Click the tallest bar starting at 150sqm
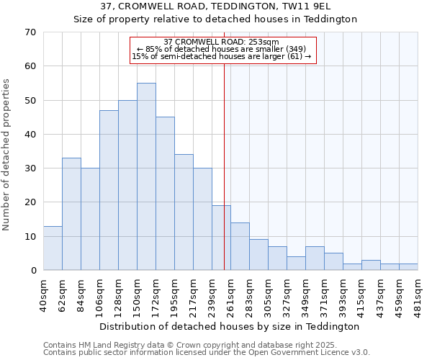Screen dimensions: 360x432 pos(146,176)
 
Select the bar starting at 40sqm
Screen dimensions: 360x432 pos(53,248)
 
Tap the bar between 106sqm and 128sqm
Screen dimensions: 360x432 pos(109,190)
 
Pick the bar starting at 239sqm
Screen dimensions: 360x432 pos(221,238)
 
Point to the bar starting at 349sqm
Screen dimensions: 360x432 pos(315,258)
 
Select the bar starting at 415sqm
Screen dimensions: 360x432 pos(371,265)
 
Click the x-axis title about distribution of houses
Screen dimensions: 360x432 pos(229,326)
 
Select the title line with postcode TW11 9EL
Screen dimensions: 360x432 pos(216,6)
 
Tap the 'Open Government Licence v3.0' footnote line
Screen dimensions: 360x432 pos(207,353)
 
